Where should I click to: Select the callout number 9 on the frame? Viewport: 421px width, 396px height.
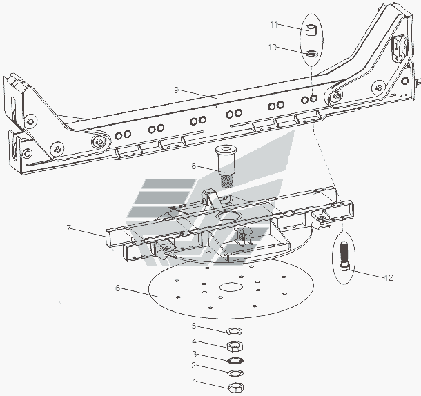click(x=177, y=89)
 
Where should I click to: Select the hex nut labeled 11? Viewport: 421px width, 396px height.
click(x=311, y=30)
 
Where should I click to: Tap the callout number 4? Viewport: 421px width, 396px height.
click(x=195, y=341)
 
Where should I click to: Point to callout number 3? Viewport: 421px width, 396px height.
click(x=195, y=353)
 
